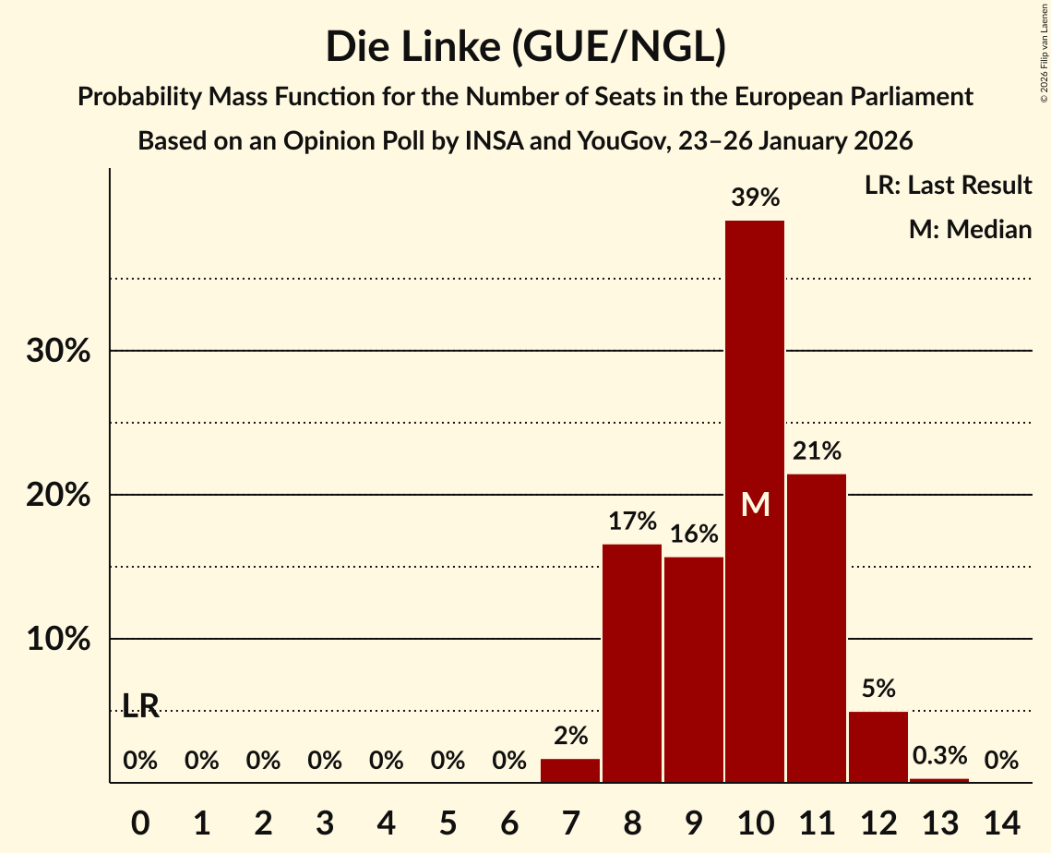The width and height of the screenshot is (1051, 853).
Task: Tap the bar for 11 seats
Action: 817,628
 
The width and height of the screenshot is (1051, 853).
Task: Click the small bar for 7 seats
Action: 570,771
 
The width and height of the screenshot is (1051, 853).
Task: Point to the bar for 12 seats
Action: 878,747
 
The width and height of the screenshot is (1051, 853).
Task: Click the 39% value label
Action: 755,197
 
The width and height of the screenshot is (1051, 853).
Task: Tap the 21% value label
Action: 817,451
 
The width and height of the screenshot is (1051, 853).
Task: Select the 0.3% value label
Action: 939,756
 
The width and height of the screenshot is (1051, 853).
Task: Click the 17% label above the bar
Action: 632,522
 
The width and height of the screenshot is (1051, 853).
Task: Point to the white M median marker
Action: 756,505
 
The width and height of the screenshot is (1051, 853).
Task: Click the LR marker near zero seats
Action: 141,706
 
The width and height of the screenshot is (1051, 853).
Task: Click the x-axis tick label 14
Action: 1001,821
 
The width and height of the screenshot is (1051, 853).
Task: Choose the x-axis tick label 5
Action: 448,821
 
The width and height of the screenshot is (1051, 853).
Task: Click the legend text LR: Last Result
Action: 948,186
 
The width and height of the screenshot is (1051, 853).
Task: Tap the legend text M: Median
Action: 970,229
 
